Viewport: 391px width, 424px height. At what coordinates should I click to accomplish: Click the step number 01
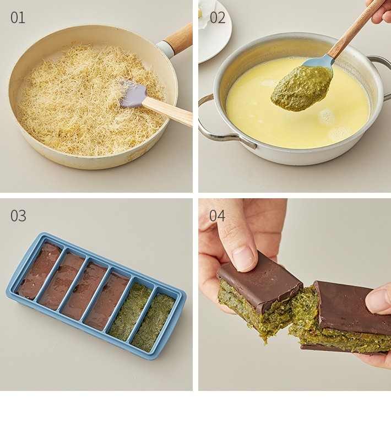(x=18, y=18)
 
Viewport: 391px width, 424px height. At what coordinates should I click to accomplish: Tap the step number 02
(x=217, y=18)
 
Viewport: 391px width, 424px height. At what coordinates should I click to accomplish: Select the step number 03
(x=18, y=215)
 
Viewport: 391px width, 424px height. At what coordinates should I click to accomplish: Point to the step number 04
(x=217, y=215)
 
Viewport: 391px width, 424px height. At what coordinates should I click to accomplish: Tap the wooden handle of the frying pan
(x=179, y=40)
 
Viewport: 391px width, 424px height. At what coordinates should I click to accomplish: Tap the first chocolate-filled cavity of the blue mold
(x=39, y=270)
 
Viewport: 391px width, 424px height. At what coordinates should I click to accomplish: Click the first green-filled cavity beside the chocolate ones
(x=130, y=311)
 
